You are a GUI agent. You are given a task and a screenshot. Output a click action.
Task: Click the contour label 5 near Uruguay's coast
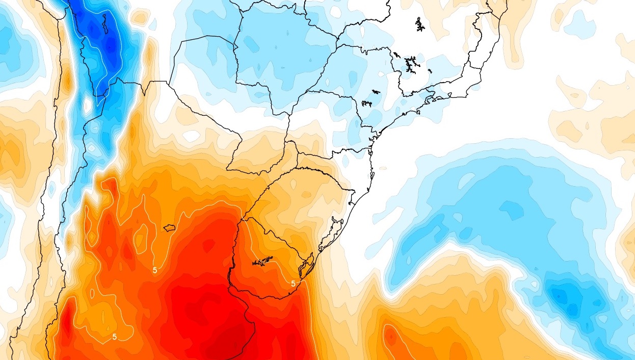293,284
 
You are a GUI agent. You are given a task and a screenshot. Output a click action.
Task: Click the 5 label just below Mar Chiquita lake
155,270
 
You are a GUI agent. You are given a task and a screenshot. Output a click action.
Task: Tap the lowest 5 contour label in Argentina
115,337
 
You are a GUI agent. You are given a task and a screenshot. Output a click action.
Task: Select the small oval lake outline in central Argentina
169,228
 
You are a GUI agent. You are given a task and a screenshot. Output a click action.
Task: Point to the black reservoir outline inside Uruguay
262,262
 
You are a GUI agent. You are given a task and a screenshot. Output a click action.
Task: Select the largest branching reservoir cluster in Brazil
410,64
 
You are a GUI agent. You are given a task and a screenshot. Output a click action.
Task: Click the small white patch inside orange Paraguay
192,136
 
